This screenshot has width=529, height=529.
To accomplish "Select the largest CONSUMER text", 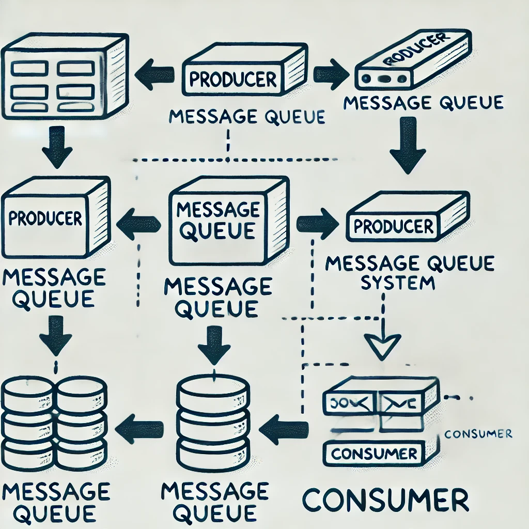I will [385, 501].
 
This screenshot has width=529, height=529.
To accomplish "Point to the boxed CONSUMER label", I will [374, 454].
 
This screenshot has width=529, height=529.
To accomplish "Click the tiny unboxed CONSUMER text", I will [478, 433].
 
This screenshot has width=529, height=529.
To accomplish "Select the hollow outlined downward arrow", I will [382, 343].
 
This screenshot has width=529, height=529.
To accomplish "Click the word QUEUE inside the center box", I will [219, 231].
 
